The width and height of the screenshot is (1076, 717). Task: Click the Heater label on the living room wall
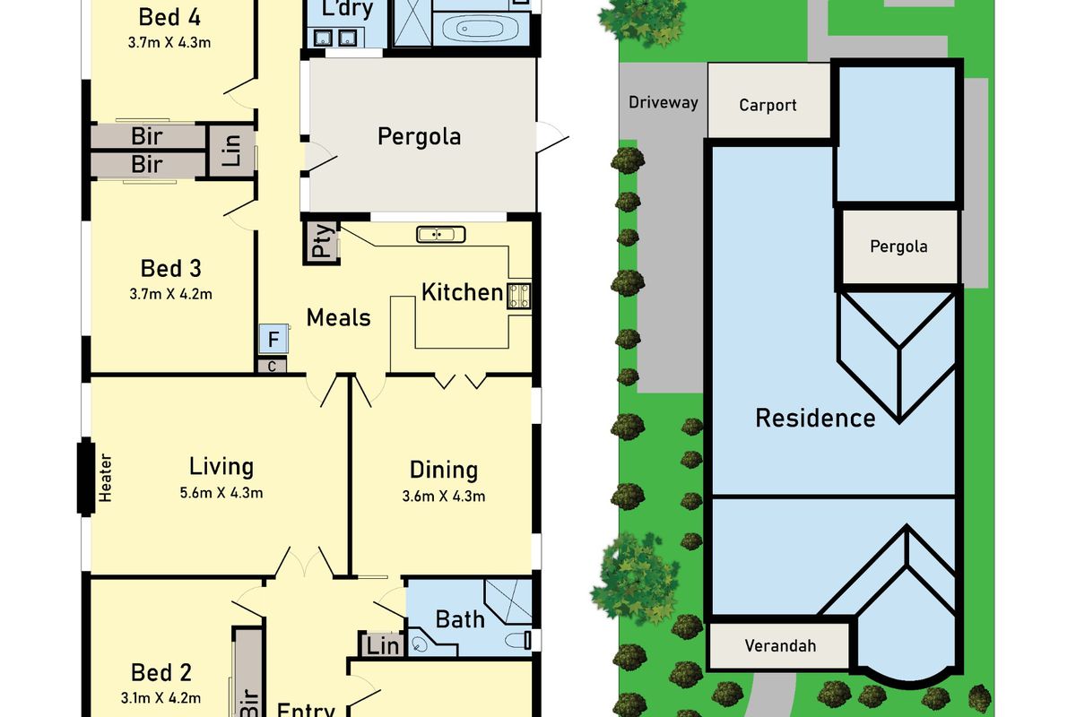(x=106, y=477)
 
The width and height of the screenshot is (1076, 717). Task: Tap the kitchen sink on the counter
(x=441, y=235)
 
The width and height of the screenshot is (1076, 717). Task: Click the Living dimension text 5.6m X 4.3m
(x=221, y=492)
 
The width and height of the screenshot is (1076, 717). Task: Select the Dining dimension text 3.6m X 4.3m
(x=444, y=496)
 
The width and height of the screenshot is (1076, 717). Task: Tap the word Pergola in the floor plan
(x=419, y=137)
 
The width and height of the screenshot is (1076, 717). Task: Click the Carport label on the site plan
(x=768, y=106)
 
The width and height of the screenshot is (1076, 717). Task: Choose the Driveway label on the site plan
(x=663, y=102)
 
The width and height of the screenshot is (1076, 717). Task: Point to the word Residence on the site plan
(x=815, y=418)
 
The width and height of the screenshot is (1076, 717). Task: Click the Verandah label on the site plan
(x=780, y=645)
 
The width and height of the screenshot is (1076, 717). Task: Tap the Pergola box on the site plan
(x=898, y=246)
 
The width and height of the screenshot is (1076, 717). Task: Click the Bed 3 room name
(x=170, y=269)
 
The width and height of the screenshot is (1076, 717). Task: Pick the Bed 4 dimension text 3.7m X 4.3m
(x=170, y=42)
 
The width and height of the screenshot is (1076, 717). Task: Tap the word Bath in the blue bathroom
(x=460, y=619)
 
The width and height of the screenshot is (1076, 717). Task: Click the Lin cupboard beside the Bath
(x=381, y=645)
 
